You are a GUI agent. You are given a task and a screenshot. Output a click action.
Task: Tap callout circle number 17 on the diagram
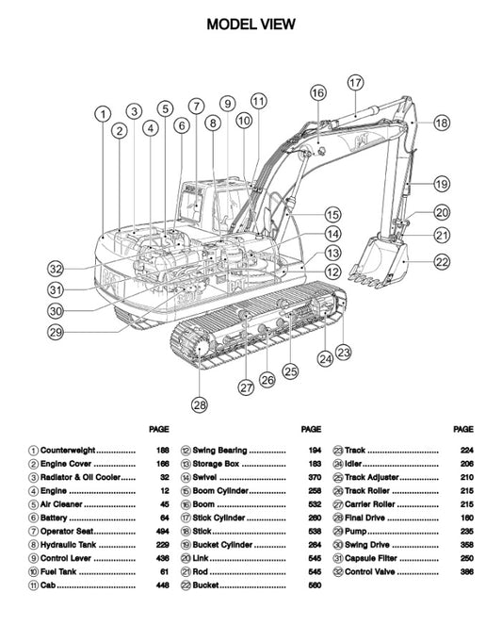pos(354,83)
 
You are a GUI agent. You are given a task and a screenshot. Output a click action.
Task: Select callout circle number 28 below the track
pos(199,404)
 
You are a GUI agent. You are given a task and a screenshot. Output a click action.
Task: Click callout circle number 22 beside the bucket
pos(442,261)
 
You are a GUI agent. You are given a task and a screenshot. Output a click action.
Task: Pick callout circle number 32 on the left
pos(57,268)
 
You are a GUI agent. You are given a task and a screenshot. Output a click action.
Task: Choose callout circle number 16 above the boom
pos(317,92)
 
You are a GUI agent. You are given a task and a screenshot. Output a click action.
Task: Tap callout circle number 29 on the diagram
pos(57,331)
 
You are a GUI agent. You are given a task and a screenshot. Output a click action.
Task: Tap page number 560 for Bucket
pos(315,585)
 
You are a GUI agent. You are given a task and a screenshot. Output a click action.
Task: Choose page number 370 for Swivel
pos(315,478)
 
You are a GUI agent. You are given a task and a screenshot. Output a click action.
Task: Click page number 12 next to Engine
pos(165,491)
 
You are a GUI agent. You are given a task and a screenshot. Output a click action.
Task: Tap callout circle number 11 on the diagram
pos(259,100)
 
